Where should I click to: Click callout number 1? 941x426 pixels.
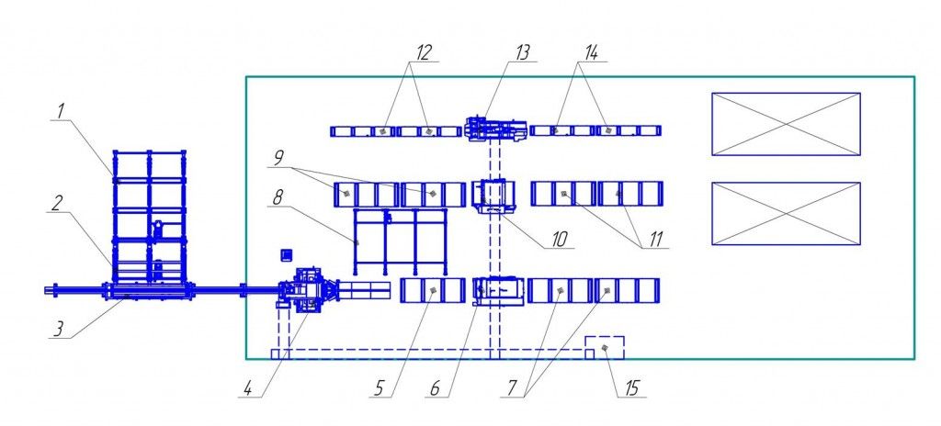61,112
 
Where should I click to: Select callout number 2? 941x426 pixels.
56,203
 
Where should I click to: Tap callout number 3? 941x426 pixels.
57,330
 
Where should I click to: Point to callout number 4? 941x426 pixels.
246,388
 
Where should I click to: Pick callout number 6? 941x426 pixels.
435,388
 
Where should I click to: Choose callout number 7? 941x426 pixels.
511,388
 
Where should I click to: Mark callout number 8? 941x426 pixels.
277,198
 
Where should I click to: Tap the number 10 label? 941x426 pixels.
559,239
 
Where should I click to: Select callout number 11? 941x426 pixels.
654,239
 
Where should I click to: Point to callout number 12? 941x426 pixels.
424,53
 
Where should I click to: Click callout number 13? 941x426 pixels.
522,53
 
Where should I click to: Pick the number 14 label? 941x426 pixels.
591,53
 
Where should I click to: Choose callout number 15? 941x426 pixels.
631,388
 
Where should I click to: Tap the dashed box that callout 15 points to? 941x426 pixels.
605,337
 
